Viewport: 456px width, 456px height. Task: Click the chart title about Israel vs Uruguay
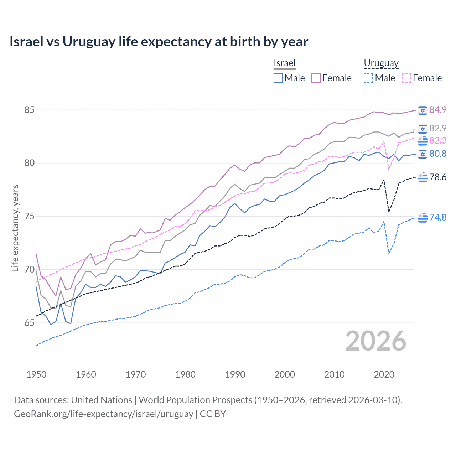159,42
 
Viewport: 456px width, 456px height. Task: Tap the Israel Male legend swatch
278,78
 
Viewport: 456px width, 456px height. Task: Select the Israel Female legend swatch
316,78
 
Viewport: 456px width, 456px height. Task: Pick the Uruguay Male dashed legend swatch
368,78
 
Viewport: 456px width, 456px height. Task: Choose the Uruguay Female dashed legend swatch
406,78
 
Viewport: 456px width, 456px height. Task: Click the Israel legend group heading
285,63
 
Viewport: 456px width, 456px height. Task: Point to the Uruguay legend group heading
381,63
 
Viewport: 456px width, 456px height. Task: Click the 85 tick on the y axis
29,110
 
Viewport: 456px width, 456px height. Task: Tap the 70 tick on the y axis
29,270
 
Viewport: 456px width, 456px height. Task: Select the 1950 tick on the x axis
36,374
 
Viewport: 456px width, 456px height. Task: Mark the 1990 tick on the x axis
235,374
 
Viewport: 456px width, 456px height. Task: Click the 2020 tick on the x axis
384,374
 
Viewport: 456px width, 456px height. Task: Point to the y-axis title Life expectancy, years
15,228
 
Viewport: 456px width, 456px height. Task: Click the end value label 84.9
438,110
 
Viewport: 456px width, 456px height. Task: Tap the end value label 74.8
438,217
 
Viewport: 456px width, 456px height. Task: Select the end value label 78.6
438,177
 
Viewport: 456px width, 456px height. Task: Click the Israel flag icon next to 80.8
423,154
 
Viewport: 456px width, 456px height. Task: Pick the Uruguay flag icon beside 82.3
423,141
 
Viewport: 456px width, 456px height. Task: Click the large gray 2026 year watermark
375,341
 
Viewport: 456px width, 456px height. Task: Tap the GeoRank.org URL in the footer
103,414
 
